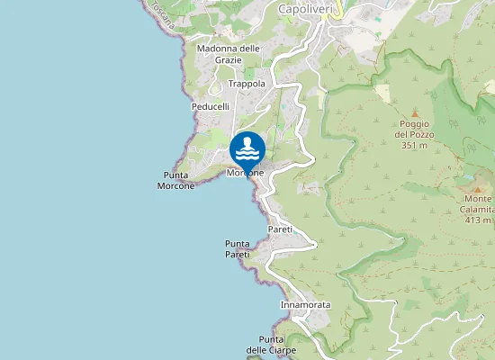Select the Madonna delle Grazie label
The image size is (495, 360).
(228, 54)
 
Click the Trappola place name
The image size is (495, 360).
(247, 84)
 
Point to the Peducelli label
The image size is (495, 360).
(211, 106)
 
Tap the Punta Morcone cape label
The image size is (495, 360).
(176, 180)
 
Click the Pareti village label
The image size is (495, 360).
(280, 230)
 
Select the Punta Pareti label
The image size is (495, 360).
(237, 249)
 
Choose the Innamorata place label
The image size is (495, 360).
(306, 305)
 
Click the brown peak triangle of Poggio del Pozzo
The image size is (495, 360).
(414, 113)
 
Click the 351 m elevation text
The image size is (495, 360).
(414, 145)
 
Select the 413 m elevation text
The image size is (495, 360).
(478, 220)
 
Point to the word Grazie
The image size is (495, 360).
(228, 59)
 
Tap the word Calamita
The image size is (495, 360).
(478, 209)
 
